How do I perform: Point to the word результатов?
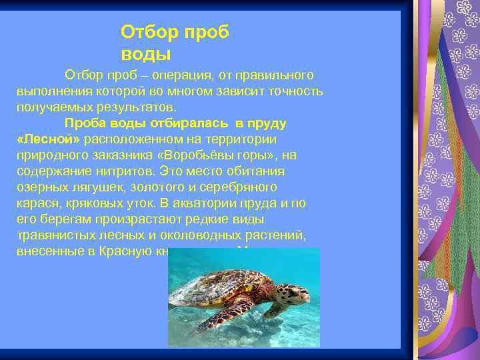[x=143, y=107]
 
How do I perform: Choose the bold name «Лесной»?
[x=47, y=139]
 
